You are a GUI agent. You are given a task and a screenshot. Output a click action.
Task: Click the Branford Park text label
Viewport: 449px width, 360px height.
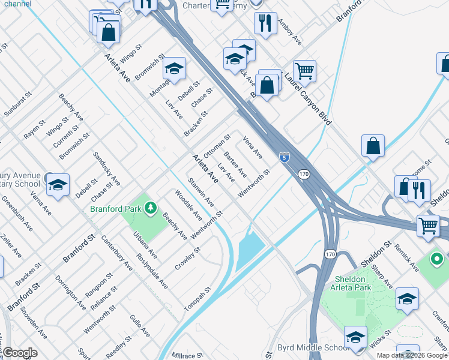pos(115,209)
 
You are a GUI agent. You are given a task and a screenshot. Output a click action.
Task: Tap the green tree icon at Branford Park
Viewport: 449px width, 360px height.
pos(151,208)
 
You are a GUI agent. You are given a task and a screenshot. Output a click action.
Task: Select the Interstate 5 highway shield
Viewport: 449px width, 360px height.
pos(284,157)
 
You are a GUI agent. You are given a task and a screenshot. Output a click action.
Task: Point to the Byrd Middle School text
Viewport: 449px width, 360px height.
pos(313,348)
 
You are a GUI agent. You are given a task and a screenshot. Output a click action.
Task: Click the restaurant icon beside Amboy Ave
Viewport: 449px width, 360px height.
pos(265,23)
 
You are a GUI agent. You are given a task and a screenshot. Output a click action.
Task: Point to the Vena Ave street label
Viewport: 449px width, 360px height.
pos(253,147)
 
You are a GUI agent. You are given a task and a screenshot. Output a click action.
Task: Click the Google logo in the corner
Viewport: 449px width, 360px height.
pos(20,353)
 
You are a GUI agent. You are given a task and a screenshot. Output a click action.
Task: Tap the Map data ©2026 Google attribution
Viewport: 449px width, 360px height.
pos(412,355)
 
